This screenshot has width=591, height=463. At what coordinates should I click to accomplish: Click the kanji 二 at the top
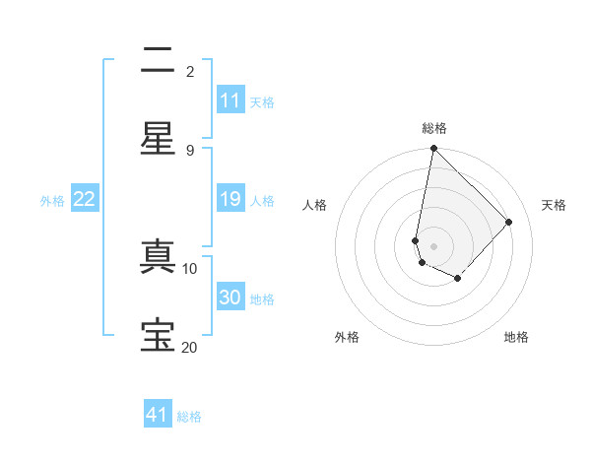tap(158, 61)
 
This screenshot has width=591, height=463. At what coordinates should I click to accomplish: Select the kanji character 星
tap(158, 139)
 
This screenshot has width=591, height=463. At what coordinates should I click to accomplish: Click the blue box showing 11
tap(230, 100)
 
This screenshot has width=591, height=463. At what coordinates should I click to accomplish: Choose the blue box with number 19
tap(230, 199)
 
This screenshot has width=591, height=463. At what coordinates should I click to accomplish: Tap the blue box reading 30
tap(230, 298)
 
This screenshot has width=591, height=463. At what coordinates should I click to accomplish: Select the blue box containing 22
tap(84, 199)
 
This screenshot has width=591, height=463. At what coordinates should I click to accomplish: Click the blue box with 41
tap(158, 415)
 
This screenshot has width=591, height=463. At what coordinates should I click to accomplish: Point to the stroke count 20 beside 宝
tap(190, 347)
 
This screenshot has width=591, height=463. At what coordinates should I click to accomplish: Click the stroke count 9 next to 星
tap(190, 150)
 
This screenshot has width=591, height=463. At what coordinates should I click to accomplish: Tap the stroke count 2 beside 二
tap(190, 71)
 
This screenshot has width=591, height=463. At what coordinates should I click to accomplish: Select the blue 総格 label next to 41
tap(189, 417)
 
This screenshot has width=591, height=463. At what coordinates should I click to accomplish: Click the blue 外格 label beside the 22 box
tap(52, 200)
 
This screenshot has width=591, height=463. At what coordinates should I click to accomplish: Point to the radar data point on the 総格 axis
tap(433, 149)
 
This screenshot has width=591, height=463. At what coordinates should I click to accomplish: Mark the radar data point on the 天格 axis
tap(509, 222)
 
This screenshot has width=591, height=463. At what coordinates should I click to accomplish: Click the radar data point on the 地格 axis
tap(458, 280)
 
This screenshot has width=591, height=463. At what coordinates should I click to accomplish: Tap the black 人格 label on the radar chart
tap(315, 205)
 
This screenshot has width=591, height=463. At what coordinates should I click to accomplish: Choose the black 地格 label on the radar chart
tap(516, 337)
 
